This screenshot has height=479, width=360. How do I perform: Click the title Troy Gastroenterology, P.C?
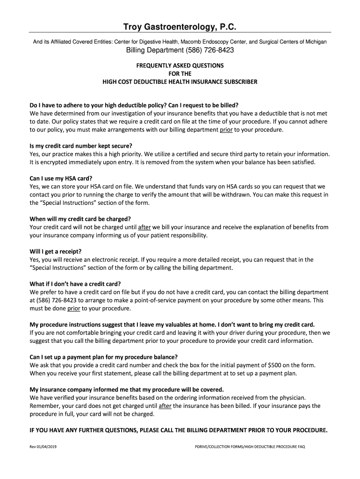click(x=180, y=27)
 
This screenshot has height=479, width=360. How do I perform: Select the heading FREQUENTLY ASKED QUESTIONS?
click(x=180, y=65)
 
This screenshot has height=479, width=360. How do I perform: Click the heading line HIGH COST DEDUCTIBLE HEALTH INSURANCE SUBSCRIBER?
click(x=180, y=82)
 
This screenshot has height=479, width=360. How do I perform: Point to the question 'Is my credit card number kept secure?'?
click(x=81, y=145)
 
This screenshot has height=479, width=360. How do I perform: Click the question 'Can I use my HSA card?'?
click(x=61, y=178)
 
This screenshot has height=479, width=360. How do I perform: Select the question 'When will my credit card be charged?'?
click(x=80, y=218)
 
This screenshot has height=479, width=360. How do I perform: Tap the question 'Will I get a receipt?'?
click(x=56, y=251)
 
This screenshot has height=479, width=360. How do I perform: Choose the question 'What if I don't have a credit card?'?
click(x=75, y=284)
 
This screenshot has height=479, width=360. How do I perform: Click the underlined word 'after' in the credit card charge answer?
click(x=144, y=227)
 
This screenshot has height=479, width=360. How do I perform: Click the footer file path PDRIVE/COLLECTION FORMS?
click(x=250, y=447)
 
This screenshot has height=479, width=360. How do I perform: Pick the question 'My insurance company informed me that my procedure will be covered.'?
click(x=127, y=390)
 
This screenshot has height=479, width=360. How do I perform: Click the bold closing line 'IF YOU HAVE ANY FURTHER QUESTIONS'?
click(x=179, y=430)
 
